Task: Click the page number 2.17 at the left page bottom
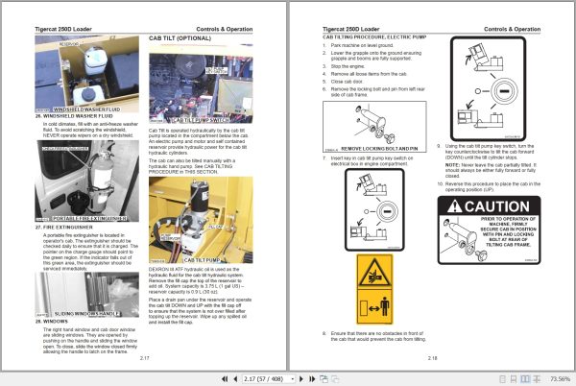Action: (144, 357)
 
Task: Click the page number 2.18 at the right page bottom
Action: (432, 357)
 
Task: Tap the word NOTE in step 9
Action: (451, 164)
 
